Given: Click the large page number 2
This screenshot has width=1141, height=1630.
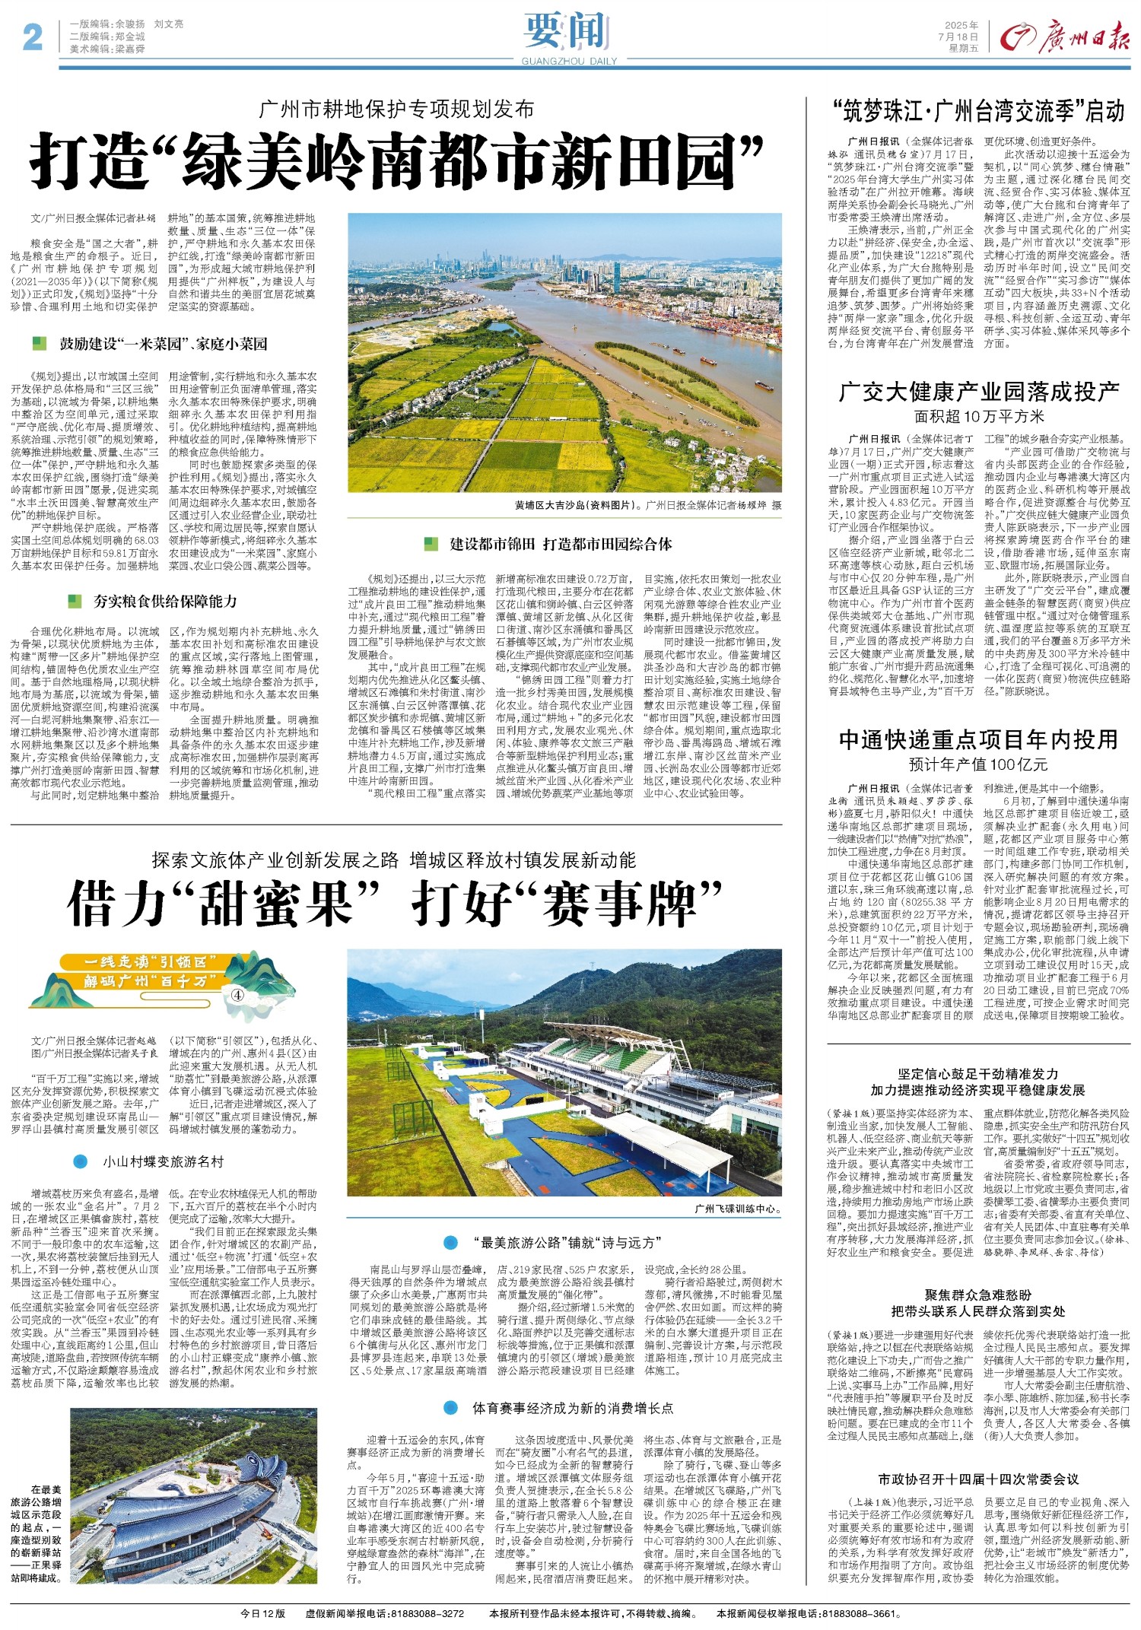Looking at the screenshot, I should (x=32, y=37).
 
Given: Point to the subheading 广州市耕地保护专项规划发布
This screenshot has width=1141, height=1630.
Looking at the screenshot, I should (x=397, y=109).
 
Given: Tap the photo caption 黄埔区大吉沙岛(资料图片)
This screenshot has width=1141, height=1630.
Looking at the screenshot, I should (x=578, y=505).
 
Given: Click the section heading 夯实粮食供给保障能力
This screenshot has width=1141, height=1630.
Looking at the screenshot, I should (x=165, y=602).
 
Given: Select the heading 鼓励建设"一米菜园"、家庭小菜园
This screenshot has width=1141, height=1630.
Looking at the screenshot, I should (x=164, y=345).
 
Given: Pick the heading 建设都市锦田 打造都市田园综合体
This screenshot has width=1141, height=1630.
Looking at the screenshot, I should (x=561, y=544).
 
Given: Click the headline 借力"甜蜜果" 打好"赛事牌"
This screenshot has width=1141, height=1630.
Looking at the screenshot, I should (x=394, y=903).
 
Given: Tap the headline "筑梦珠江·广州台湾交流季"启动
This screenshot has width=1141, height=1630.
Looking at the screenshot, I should (x=978, y=112).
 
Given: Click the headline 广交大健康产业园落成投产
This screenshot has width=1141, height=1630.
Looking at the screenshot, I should (x=979, y=392).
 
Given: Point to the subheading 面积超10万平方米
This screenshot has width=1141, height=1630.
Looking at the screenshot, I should (x=979, y=416).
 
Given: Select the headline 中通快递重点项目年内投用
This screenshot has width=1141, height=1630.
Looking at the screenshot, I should (x=978, y=740).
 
